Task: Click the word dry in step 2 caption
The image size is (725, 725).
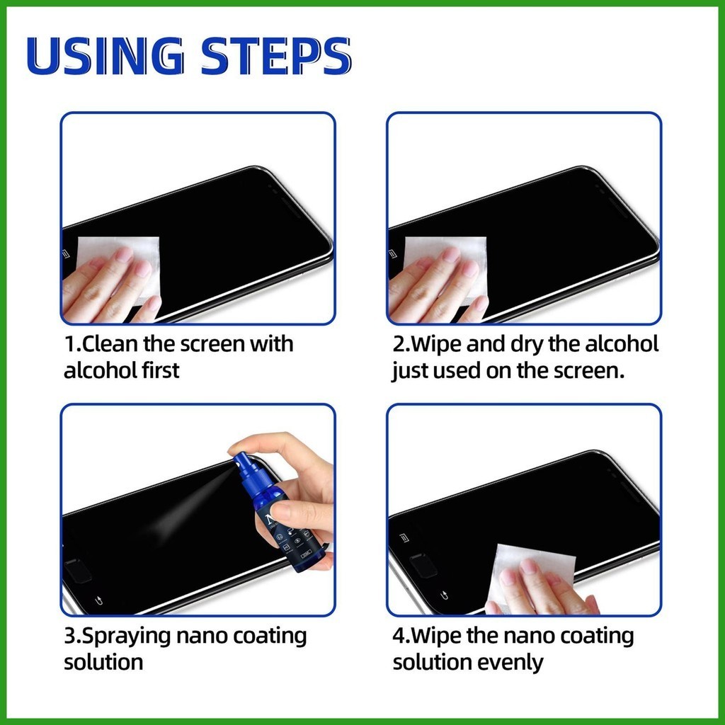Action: [x=527, y=346]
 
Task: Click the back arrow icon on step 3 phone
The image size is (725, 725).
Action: [x=98, y=600]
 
